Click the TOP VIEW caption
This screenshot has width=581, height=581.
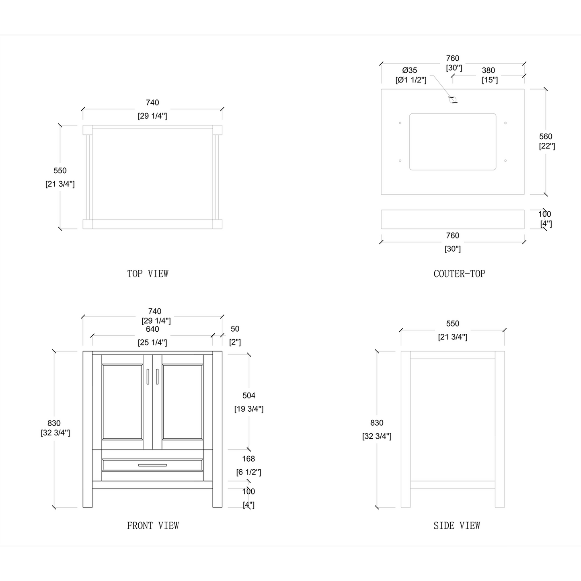(x=148, y=274)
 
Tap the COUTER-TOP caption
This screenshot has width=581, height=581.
(x=459, y=274)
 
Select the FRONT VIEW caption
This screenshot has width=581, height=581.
(x=153, y=526)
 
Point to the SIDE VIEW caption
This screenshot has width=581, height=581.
(x=456, y=526)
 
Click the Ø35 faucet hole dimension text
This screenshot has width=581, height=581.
(x=410, y=70)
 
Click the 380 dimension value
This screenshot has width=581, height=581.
(x=488, y=70)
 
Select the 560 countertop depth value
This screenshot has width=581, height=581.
(x=546, y=137)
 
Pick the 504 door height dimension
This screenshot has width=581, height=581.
(x=248, y=396)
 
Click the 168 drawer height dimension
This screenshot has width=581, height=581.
(x=248, y=459)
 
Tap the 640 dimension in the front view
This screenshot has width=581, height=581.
(x=152, y=329)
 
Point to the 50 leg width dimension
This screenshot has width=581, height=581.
(x=235, y=329)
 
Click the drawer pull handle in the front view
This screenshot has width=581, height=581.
(x=152, y=465)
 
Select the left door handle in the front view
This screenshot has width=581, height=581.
(x=148, y=376)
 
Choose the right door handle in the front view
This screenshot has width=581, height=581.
(x=157, y=376)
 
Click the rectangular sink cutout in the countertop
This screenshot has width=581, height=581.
(x=452, y=142)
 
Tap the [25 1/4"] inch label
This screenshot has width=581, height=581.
(x=152, y=343)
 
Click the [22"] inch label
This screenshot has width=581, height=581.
(x=547, y=146)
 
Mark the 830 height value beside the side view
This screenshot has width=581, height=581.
(x=377, y=423)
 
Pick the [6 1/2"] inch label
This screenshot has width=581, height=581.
(x=248, y=472)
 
